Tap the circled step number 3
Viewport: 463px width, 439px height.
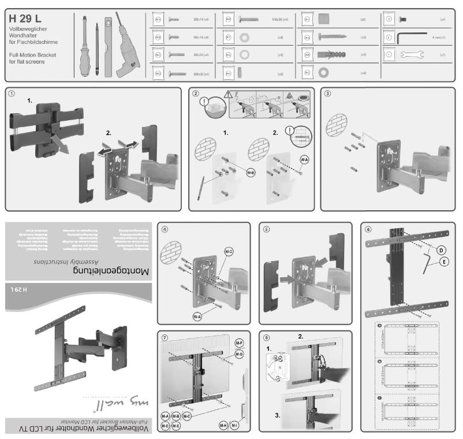click(328, 94)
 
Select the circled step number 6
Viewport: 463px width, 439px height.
click(368, 229)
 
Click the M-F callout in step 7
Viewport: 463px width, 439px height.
click(239, 343)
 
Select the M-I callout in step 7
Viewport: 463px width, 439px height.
click(235, 426)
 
